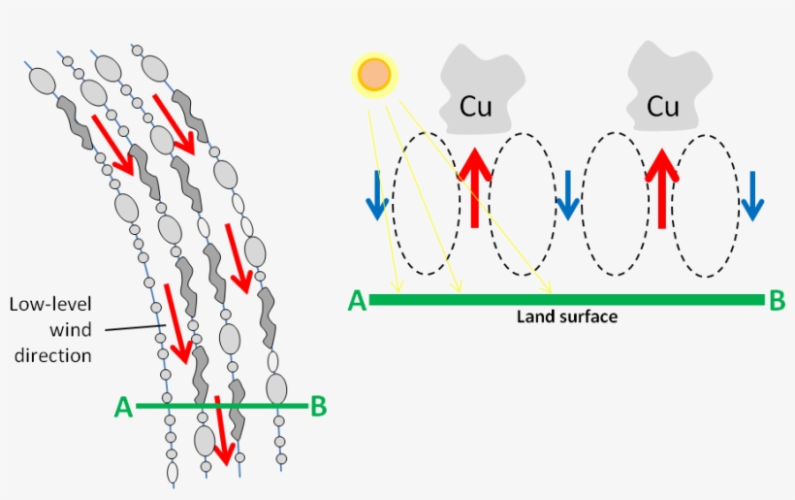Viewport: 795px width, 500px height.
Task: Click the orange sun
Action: (373, 75)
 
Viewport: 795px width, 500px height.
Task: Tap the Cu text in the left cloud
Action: (475, 106)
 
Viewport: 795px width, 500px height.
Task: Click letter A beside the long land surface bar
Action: (357, 301)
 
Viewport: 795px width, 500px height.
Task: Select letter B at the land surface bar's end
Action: (777, 301)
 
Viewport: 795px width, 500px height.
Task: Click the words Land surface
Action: (566, 317)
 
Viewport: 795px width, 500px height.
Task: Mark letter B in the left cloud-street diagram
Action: (318, 407)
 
